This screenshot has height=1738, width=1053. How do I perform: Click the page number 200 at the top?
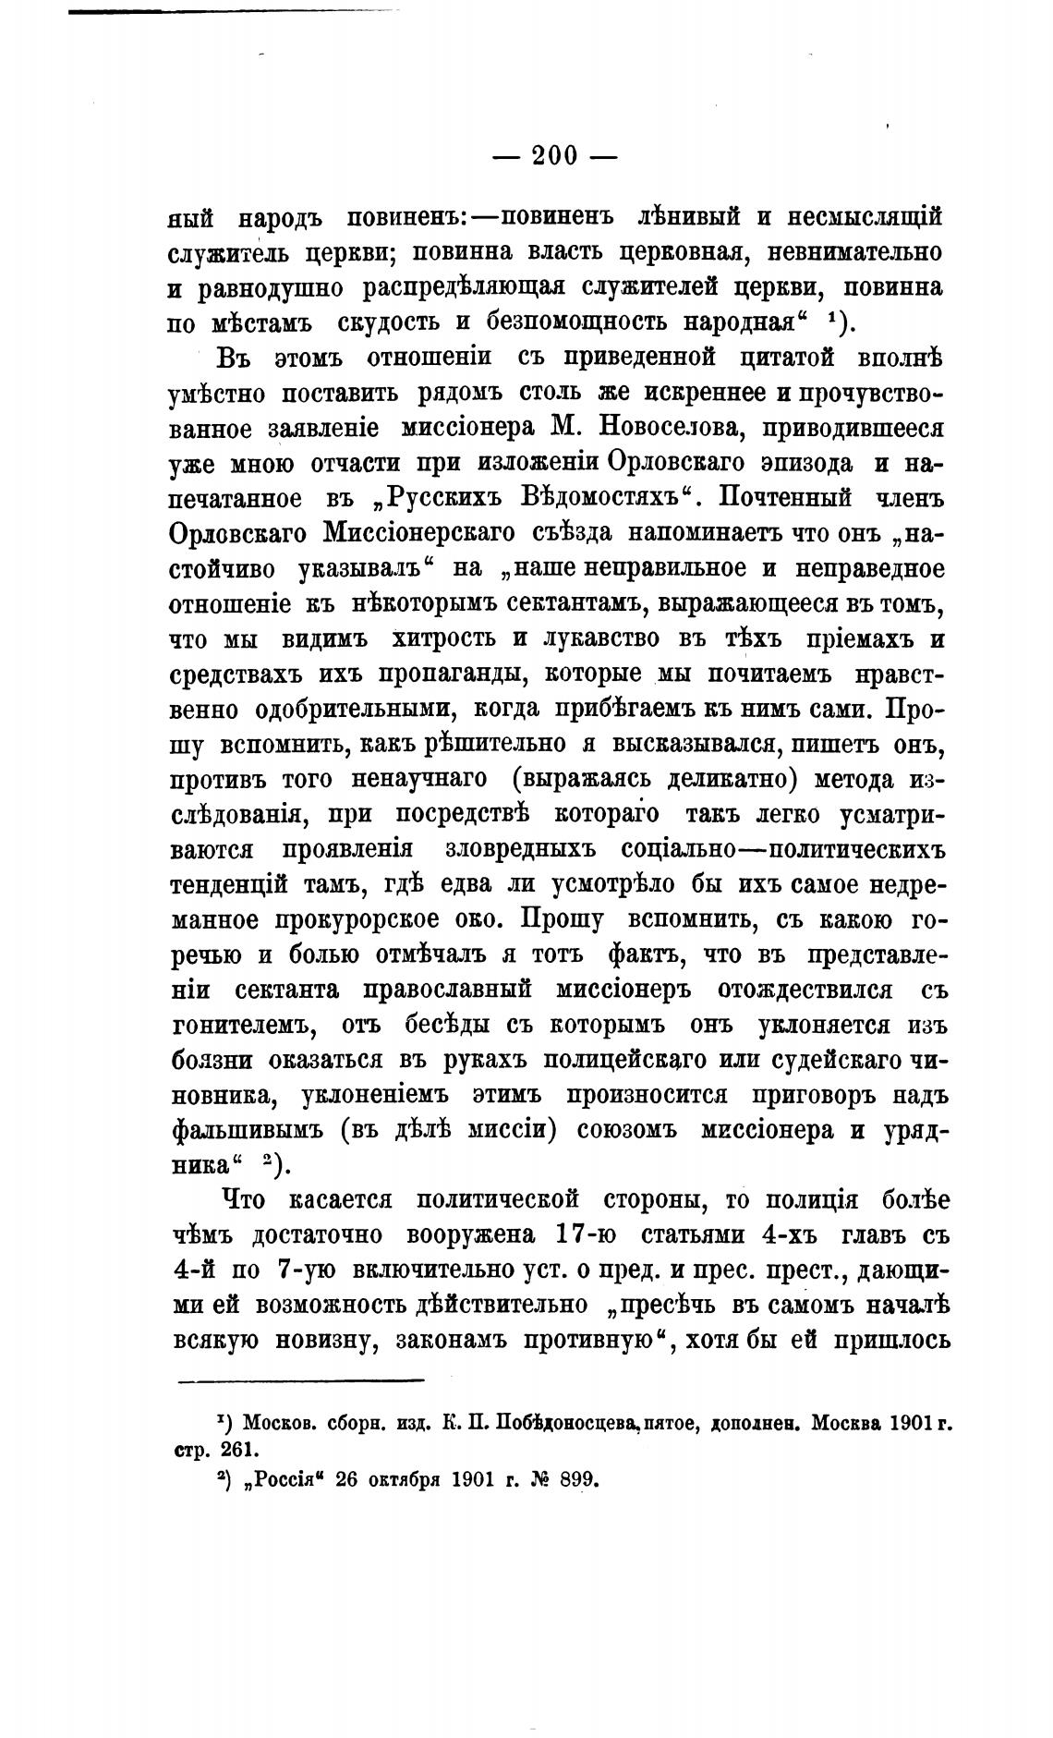pyautogui.click(x=553, y=154)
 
